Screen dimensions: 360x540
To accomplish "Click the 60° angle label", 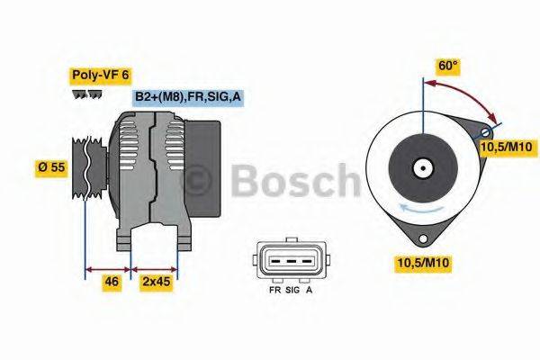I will pyautogui.click(x=448, y=66).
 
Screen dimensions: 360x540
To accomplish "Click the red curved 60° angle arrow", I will pyautogui.click(x=468, y=94).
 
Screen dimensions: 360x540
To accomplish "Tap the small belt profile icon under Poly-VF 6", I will pyautogui.click(x=83, y=94).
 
